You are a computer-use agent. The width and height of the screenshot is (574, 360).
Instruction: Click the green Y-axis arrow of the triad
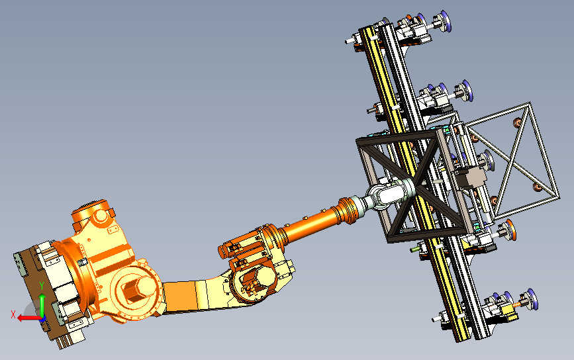click(x=42, y=306)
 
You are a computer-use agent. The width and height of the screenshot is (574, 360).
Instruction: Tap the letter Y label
click(x=42, y=286)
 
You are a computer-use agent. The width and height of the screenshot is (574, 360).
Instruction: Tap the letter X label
click(x=13, y=314)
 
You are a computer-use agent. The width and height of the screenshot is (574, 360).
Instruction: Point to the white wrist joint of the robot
click(x=388, y=194)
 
